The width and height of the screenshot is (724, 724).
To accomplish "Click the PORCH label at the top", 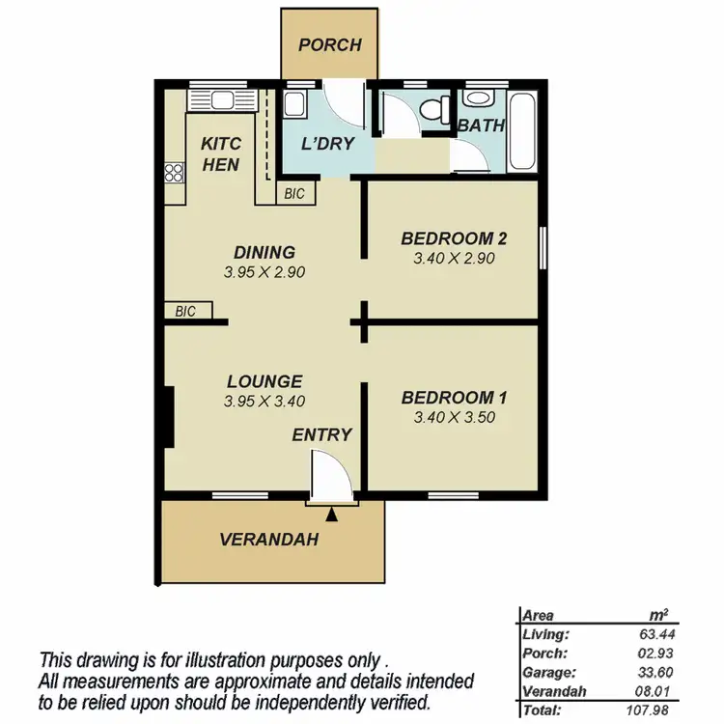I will point(329,44).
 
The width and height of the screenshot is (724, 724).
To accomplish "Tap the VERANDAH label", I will point(268,540).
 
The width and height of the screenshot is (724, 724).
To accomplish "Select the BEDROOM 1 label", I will point(454,398).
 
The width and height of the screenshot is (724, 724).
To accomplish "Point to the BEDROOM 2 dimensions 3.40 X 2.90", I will point(454,259).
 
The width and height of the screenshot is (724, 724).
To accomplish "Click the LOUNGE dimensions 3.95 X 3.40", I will point(265,402).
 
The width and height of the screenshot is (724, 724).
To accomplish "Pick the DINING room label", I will point(264,253).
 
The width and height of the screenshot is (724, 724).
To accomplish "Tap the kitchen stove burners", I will point(175,173).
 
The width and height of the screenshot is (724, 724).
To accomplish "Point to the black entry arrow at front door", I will point(332,515).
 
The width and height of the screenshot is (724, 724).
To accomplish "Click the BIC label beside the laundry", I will point(294,194).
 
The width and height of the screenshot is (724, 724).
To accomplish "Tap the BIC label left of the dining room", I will point(185,312).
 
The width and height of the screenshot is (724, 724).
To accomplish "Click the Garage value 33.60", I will point(653,672).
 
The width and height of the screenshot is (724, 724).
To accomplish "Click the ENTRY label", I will point(321,435).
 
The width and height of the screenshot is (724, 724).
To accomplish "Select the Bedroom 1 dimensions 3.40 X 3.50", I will point(454,418).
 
